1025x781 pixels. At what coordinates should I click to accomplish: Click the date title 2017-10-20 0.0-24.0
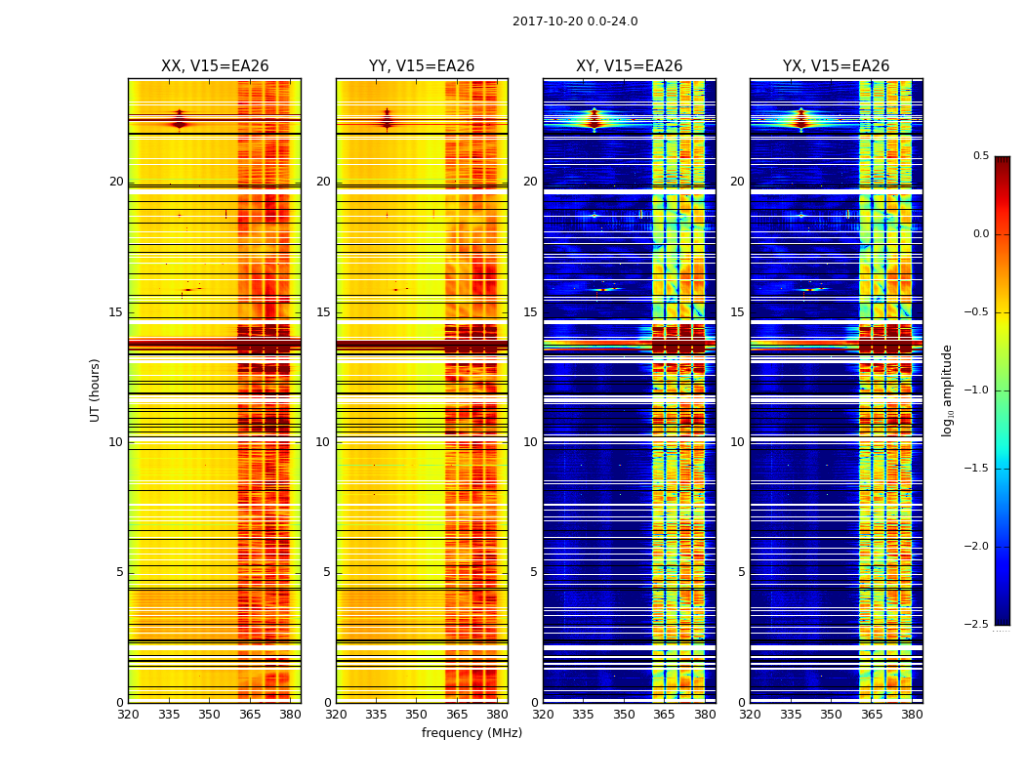(x=575, y=21)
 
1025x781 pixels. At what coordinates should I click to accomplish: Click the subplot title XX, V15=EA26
(x=215, y=66)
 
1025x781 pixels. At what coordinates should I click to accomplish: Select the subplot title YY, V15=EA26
(x=422, y=66)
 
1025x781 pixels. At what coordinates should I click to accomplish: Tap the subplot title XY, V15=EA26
(x=629, y=66)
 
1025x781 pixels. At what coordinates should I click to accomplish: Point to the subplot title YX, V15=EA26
(x=836, y=66)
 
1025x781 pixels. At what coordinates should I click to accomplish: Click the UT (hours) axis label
(x=95, y=390)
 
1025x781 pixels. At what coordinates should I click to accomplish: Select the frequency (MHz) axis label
(x=471, y=733)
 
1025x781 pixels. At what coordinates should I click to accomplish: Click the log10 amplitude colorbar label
(x=947, y=390)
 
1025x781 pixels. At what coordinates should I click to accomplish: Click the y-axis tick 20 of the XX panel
(x=116, y=182)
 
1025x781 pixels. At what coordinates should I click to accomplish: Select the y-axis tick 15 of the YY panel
(x=323, y=312)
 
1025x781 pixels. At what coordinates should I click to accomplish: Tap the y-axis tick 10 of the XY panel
(x=530, y=442)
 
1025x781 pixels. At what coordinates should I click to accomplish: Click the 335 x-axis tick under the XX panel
(x=169, y=715)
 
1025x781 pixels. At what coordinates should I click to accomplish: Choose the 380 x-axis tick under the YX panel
(x=912, y=715)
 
